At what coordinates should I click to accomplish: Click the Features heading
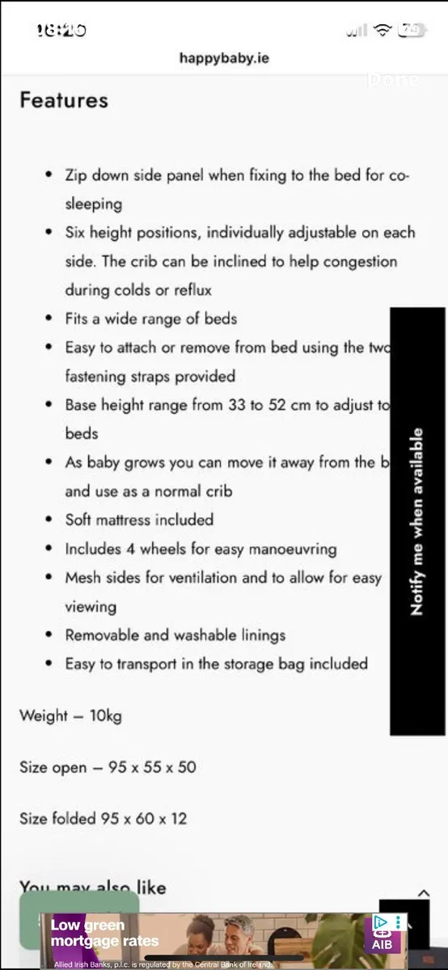coord(64,100)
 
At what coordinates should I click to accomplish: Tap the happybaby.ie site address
coord(224,57)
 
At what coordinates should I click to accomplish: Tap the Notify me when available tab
coord(417,521)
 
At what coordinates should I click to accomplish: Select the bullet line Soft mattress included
coord(139,520)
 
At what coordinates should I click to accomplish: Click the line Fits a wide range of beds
coord(151,318)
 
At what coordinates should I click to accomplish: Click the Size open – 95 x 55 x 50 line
coord(108,767)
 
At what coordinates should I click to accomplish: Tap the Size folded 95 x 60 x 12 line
coord(103,818)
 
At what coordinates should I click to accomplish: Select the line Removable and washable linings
coord(175,635)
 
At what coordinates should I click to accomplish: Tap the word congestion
coord(356,262)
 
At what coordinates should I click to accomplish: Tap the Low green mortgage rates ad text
coord(104,933)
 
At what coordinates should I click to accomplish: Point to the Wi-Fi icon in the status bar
coord(382,30)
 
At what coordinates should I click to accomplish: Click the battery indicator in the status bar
coord(411,30)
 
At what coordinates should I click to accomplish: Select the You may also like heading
coord(92,888)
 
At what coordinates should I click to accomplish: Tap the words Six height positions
coord(132,233)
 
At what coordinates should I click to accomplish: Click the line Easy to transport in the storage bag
coord(216,664)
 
